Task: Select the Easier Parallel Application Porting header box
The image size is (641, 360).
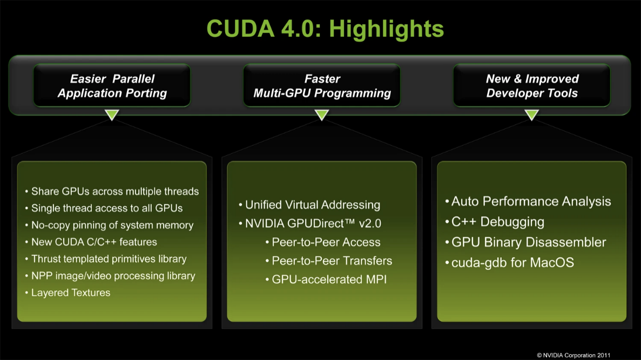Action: pos(112,86)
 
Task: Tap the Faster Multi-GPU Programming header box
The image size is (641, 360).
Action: pos(322,86)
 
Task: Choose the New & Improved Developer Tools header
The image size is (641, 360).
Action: pos(532,86)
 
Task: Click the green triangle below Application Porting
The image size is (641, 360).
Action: pos(112,114)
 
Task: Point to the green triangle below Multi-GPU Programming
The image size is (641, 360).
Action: pos(322,114)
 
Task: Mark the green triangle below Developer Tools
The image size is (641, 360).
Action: pos(531,114)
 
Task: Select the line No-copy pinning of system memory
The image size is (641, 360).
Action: pos(112,225)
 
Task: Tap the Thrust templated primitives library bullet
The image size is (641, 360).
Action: pos(109,259)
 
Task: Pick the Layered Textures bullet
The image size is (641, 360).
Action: pos(70,293)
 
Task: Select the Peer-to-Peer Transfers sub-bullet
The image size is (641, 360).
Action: pos(332,261)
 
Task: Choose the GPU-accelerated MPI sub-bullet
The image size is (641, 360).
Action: pos(329,280)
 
